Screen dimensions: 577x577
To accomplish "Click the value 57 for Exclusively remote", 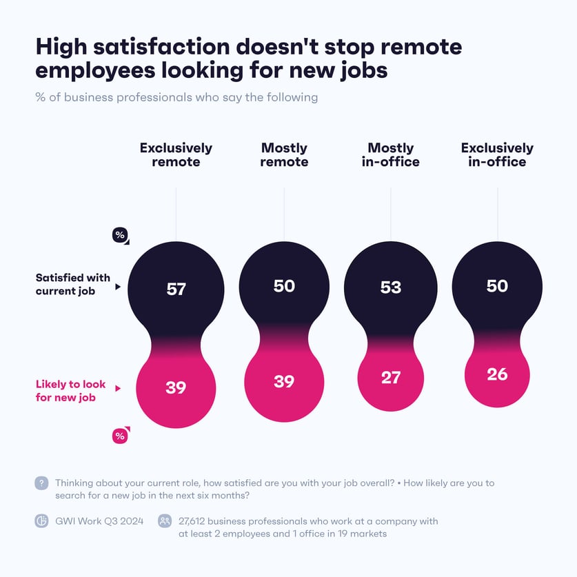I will [176, 289].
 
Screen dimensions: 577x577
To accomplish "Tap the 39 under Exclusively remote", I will [176, 387].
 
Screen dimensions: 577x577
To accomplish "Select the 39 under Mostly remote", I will [284, 381].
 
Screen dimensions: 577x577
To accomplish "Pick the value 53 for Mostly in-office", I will [391, 287].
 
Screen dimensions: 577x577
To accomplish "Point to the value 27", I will [391, 378].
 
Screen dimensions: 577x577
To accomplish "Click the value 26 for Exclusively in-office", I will [497, 374].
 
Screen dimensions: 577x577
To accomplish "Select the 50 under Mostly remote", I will [284, 285].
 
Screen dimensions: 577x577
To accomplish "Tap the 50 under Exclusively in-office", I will [497, 285].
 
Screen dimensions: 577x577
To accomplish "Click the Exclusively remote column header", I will [176, 155].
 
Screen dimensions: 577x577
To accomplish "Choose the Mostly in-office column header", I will [390, 155].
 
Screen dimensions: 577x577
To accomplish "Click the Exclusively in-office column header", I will [497, 155].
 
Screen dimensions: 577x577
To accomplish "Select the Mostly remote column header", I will [284, 155].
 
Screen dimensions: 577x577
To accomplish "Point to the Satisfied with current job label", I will [73, 285].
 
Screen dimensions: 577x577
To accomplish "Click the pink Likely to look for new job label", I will [70, 391].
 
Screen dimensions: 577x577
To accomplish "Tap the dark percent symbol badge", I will [120, 236].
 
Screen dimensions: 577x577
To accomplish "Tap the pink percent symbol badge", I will [120, 436].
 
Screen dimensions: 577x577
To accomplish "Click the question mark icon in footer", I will [41, 483].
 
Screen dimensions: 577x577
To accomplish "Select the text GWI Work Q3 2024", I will [99, 521].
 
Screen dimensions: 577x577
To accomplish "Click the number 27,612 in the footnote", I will [196, 521].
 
